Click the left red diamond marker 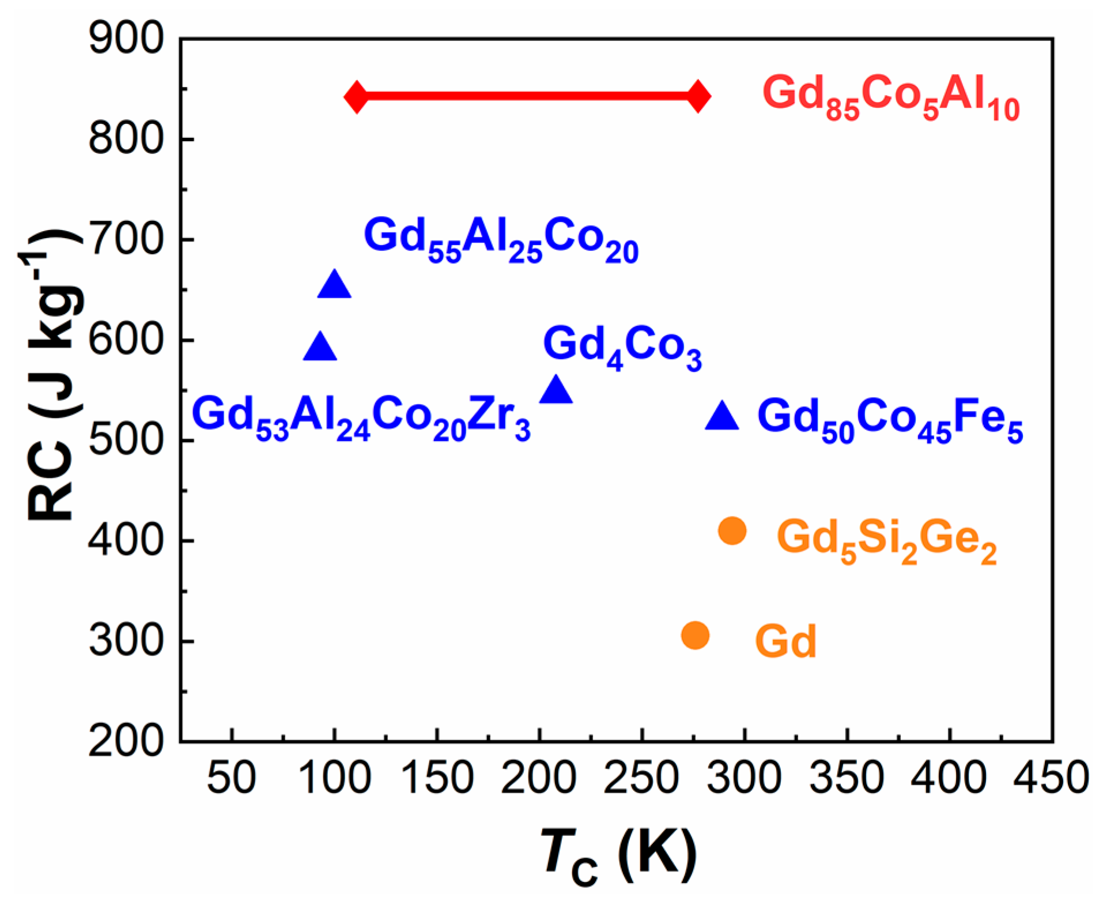coord(356,96)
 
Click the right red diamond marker coord(698,96)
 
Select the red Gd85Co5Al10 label coord(891,98)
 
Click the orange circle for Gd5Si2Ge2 coord(732,530)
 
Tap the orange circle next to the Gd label coord(695,635)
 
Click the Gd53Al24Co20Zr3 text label coord(361,418)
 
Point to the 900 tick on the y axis coord(126,39)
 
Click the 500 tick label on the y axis coord(126,441)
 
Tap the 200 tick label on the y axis coord(126,741)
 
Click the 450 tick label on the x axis coord(1051,778)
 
